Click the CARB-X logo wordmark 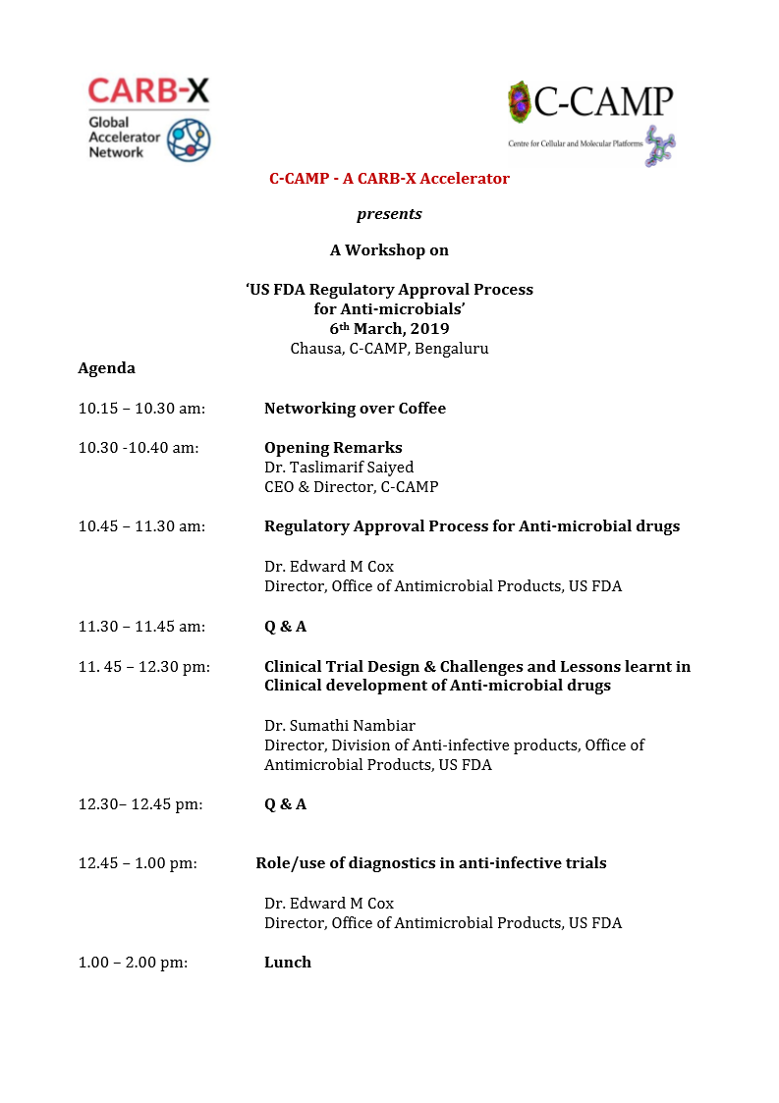coord(148,91)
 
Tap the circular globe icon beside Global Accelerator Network coord(188,139)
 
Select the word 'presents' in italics coord(389,214)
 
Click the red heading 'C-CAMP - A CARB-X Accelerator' coord(389,179)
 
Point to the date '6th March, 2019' coord(389,329)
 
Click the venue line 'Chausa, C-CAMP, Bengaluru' coord(389,349)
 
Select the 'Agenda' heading coord(106,368)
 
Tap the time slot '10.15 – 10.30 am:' coord(141,409)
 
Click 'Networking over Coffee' coord(355,409)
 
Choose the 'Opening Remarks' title coord(333,448)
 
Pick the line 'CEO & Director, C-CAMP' coord(351,487)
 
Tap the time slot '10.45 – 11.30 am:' coord(141,526)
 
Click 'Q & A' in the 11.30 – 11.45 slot coord(285,627)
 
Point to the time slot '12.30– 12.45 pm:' coord(140,804)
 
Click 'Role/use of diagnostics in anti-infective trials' coord(431,863)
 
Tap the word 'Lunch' coord(288,963)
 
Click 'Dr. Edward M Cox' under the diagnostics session coord(329,904)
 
